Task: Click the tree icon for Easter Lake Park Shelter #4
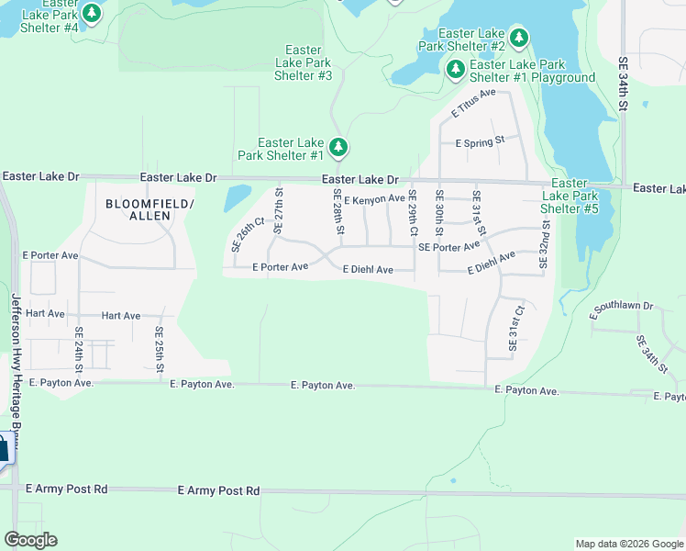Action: pyautogui.click(x=92, y=13)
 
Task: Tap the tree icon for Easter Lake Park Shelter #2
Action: pyautogui.click(x=520, y=38)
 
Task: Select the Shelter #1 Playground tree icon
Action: pyautogui.click(x=455, y=69)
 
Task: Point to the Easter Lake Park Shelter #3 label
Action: pyautogui.click(x=304, y=62)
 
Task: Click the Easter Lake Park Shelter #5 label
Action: pyautogui.click(x=570, y=196)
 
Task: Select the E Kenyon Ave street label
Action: pyautogui.click(x=374, y=198)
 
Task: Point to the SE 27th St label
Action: pyautogui.click(x=279, y=210)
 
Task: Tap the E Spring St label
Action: pyautogui.click(x=481, y=142)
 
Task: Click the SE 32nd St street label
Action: pyautogui.click(x=544, y=243)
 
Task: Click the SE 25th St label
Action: pyautogui.click(x=159, y=349)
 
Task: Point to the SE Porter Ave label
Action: pyautogui.click(x=449, y=247)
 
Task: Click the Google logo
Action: pyautogui.click(x=30, y=540)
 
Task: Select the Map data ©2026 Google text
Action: pyautogui.click(x=628, y=544)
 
